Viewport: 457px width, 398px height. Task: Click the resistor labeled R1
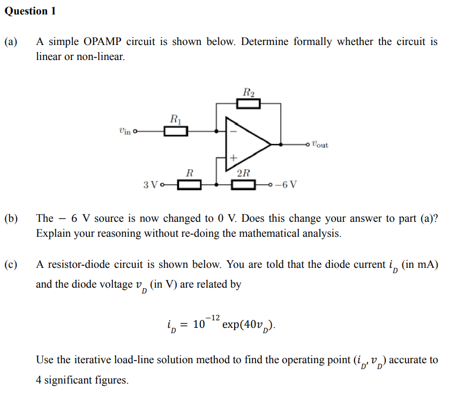[x=175, y=130]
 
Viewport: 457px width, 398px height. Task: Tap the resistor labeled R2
[x=249, y=103]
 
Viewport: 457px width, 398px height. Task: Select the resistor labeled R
[x=190, y=185]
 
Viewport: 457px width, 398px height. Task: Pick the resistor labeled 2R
[x=243, y=185]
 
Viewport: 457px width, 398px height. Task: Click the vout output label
[x=320, y=144]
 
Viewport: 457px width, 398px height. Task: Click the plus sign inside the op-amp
[x=233, y=158]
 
